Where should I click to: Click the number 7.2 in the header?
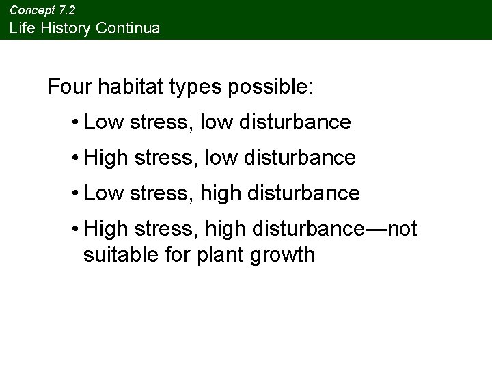coord(66,10)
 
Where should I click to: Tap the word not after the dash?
coord(402,229)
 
